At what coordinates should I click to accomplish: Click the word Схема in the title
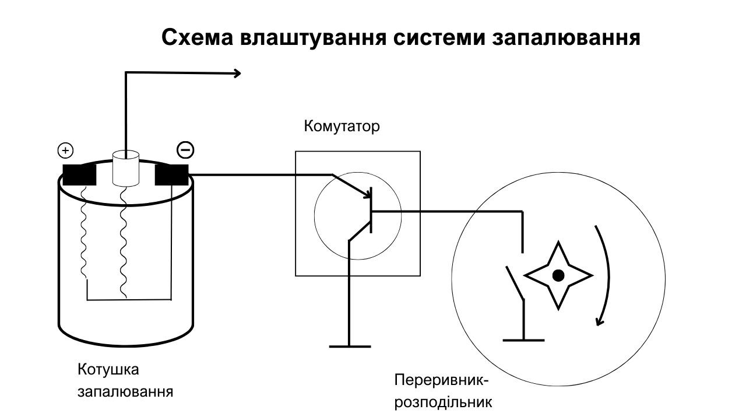198,37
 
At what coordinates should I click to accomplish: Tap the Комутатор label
342,127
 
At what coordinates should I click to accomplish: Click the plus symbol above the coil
66,150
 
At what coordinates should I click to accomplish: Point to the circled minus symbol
185,150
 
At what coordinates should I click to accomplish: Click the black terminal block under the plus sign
79,175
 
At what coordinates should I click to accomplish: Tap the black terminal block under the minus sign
171,175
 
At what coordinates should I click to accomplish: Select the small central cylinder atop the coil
125,169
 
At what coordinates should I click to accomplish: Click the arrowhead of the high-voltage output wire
237,73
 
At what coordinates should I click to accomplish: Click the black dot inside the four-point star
558,276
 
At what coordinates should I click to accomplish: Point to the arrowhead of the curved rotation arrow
600,321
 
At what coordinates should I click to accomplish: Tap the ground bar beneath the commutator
350,346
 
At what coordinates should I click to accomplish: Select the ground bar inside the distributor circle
523,340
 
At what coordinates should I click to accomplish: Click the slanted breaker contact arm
515,283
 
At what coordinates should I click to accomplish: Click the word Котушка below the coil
108,370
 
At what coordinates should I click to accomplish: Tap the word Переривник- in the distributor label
441,380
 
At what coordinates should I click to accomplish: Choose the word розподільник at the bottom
444,402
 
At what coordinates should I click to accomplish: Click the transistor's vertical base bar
371,210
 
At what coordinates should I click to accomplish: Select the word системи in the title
439,37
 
